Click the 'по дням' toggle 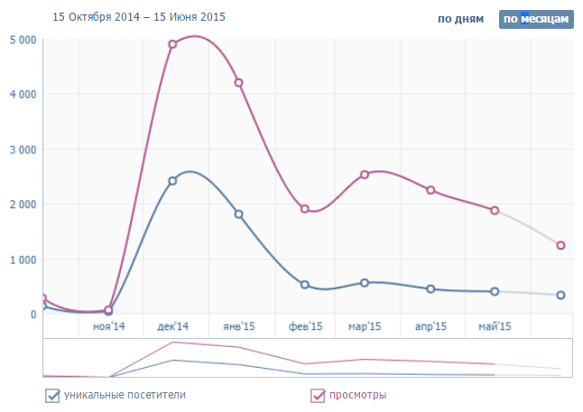tap(463, 18)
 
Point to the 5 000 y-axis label tap(23, 40)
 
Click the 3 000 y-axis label tap(23, 150)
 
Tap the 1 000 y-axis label tap(23, 260)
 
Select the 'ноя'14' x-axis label tap(109, 326)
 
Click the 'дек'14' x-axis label tap(173, 326)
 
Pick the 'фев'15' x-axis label tap(305, 326)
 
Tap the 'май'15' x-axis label tap(494, 326)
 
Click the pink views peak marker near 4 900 tap(172, 44)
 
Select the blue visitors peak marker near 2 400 tap(172, 180)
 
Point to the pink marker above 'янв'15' tap(238, 83)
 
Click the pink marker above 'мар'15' tap(365, 175)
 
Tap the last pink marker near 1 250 tap(560, 245)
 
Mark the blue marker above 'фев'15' tap(305, 285)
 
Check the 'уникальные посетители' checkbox tap(52, 395)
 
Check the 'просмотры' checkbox tap(318, 395)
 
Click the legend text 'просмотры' tap(358, 395)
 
